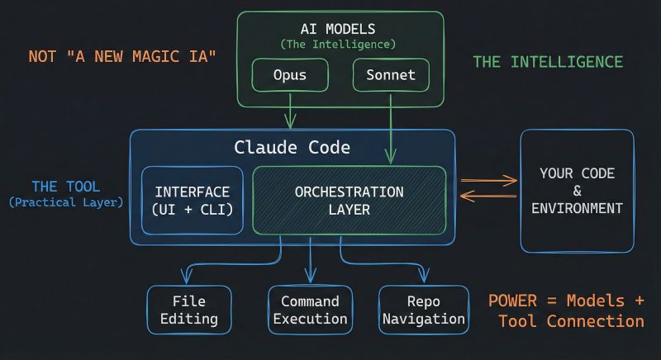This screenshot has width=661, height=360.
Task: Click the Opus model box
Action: point(290,76)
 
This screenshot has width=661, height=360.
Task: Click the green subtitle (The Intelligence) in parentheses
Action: point(338,43)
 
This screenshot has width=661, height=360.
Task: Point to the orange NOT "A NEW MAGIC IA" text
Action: point(121,56)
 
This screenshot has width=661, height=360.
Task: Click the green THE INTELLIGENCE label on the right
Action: point(547,62)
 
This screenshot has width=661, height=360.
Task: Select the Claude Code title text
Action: point(292,148)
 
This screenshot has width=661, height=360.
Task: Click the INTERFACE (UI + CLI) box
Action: point(193,201)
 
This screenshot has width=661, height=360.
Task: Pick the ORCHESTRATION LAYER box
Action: point(349,201)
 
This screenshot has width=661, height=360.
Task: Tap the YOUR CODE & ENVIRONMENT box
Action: point(577,191)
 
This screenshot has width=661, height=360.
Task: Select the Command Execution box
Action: point(310,310)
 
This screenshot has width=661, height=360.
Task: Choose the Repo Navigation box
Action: point(424,310)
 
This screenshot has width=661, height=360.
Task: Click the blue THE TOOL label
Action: point(67,186)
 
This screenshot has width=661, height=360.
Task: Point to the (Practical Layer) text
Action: point(66,201)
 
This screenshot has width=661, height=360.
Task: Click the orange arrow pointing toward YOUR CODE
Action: point(488,180)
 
